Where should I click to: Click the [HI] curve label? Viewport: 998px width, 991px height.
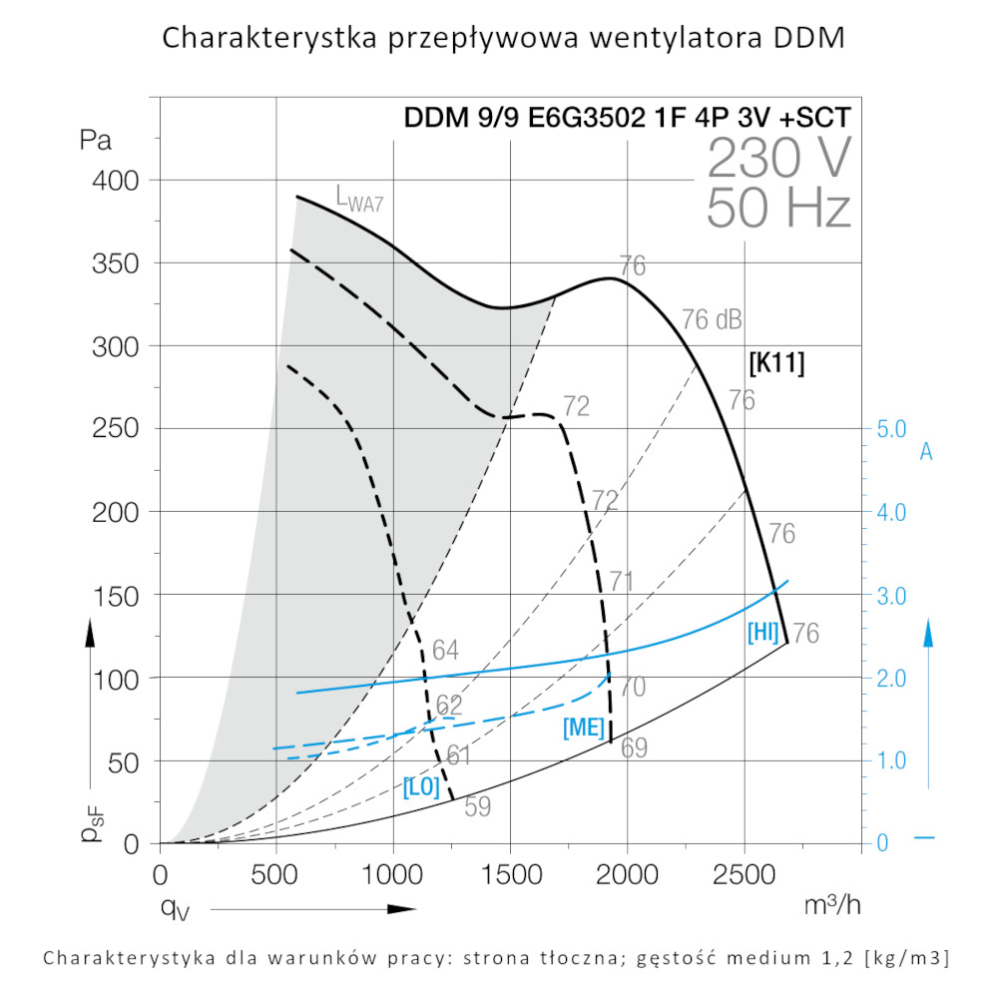coord(762,632)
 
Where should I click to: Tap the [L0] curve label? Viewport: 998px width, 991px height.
coord(421,786)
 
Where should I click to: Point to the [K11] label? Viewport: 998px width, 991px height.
coord(776,362)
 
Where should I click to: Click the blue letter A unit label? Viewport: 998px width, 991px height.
coord(926,452)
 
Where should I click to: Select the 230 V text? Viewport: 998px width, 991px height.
coord(778,158)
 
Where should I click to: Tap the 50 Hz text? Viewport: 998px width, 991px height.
coord(778,210)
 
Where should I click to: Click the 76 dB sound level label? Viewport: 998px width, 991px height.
coord(712,320)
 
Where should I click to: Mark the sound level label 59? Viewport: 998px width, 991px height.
coord(478,807)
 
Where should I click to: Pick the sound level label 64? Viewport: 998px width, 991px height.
coord(445,651)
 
